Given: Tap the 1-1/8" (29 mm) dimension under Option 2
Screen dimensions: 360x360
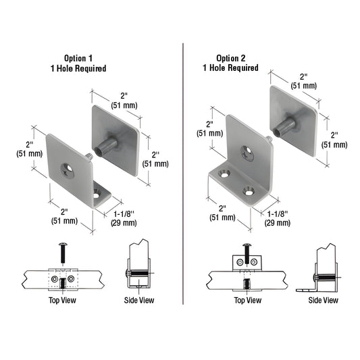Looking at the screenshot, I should (278, 218).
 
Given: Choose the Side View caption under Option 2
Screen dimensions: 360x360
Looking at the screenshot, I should (323, 300).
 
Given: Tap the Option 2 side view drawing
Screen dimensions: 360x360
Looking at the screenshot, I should (322, 270).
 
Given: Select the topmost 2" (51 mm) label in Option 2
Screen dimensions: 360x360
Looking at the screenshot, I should (305, 81).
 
